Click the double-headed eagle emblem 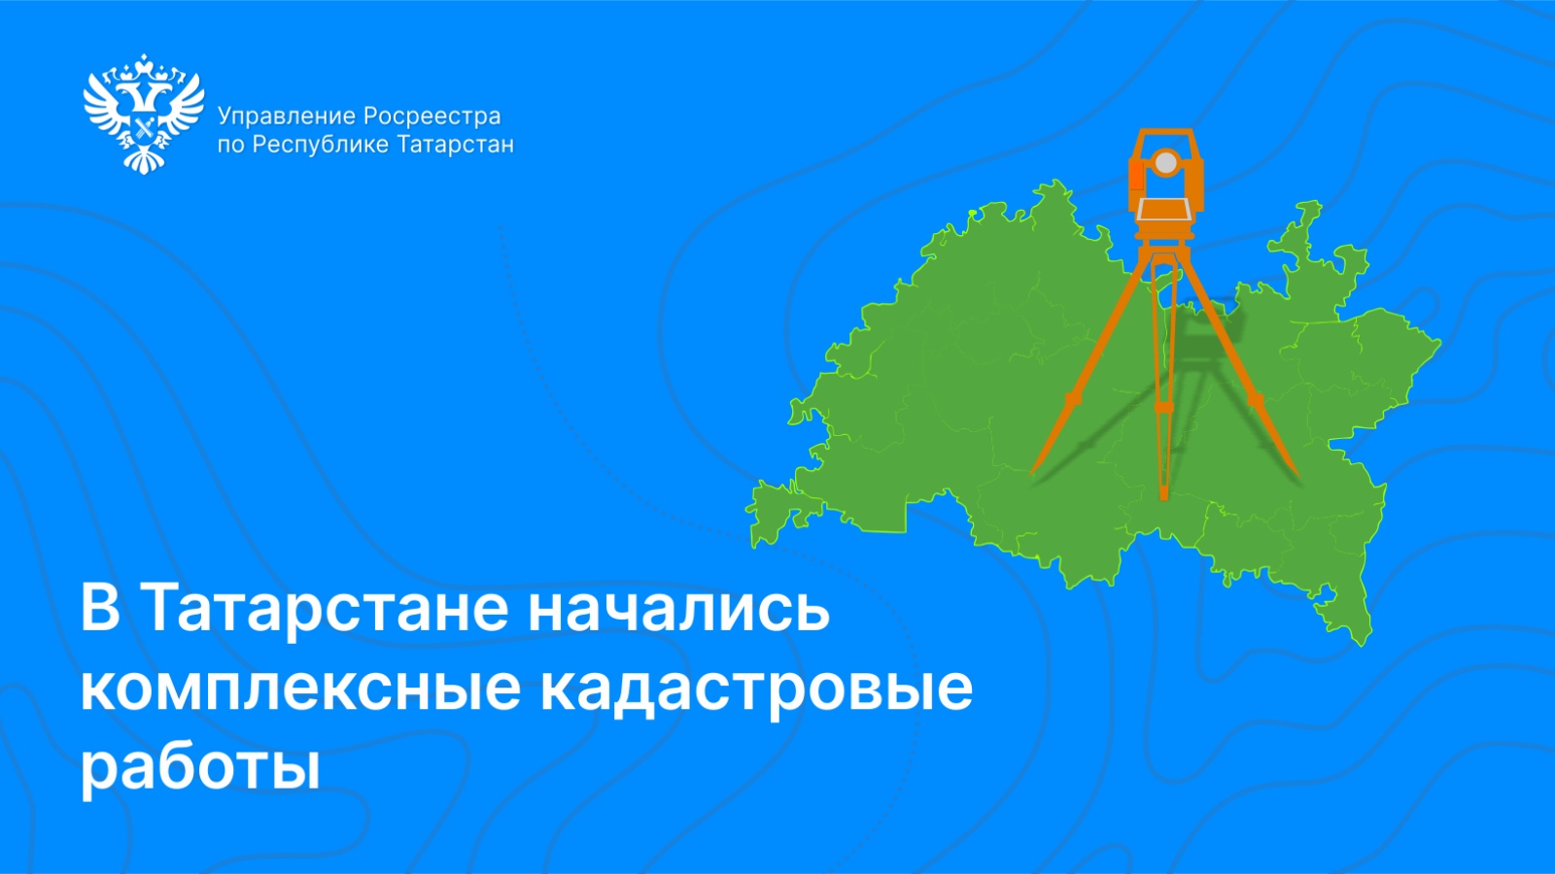[144, 113]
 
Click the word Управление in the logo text [287, 117]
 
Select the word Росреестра [432, 117]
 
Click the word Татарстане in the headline [326, 610]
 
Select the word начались [678, 610]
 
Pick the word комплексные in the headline [301, 689]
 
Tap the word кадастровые [756, 689]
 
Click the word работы [200, 767]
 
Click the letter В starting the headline [100, 609]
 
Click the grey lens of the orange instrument [1165, 162]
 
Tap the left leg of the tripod [1088, 369]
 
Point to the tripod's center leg [1162, 388]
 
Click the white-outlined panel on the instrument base [1164, 209]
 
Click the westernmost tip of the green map [751, 511]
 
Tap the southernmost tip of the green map [1361, 641]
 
